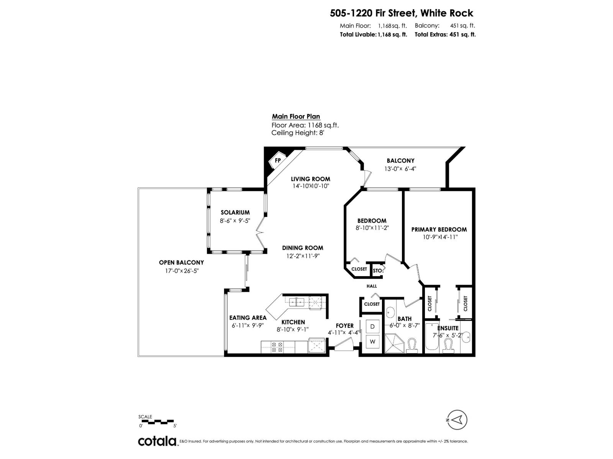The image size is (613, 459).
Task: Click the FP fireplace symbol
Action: pyautogui.click(x=277, y=160)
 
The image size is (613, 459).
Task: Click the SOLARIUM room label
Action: pyautogui.click(x=235, y=212)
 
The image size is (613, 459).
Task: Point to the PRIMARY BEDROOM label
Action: pyautogui.click(x=439, y=229)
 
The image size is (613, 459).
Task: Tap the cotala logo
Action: pyautogui.click(x=157, y=441)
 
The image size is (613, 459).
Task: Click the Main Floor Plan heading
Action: pyautogui.click(x=296, y=117)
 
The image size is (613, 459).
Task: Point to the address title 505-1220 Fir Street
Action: pyautogui.click(x=402, y=13)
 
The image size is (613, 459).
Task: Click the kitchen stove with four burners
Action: pyautogui.click(x=277, y=347)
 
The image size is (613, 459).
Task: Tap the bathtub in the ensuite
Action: pyautogui.click(x=432, y=337)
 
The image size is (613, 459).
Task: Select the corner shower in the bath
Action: pyautogui.click(x=394, y=343)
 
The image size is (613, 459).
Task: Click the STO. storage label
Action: pyautogui.click(x=377, y=270)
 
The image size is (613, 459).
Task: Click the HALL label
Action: pyautogui.click(x=372, y=286)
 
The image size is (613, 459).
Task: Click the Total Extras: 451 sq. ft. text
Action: pyautogui.click(x=445, y=34)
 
